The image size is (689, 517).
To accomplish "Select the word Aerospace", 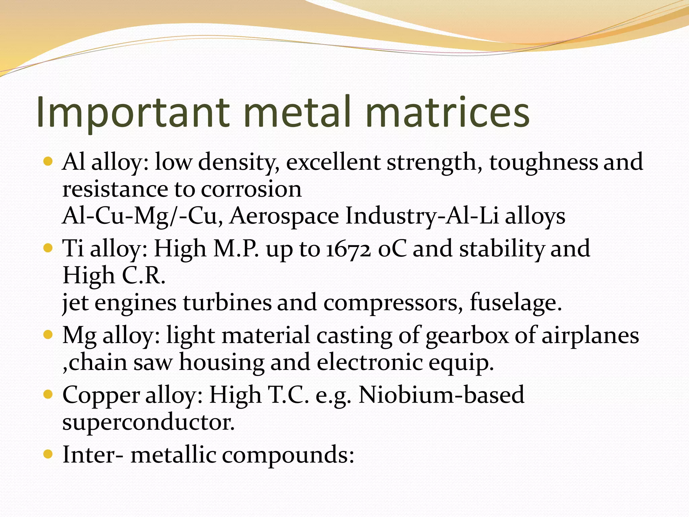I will coord(284,216).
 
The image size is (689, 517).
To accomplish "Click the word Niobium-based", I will coord(441,395).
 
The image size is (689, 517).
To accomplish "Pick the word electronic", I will coord(369,363).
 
